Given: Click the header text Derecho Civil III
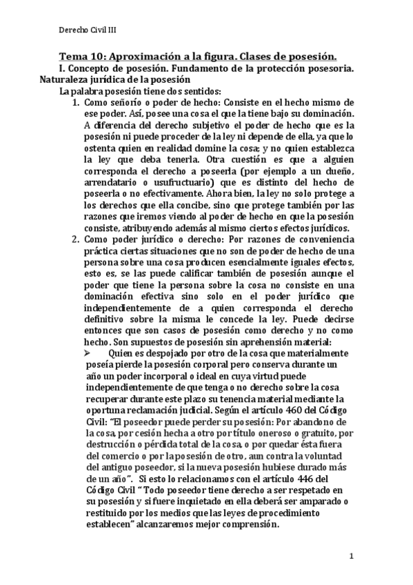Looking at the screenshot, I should coord(85,30).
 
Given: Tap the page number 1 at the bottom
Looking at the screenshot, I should coord(351,556).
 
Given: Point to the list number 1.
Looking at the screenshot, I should coord(77,102).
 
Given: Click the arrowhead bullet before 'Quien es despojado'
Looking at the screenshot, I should coord(88,353).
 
